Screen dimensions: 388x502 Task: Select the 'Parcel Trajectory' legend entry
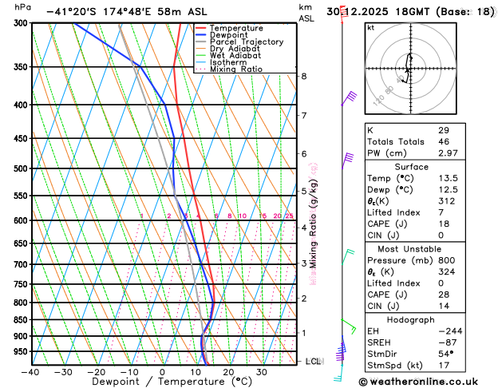coord(246,42)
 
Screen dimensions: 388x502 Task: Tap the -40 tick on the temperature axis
coord(31,372)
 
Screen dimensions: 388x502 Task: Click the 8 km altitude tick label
coord(303,76)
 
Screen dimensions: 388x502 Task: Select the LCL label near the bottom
coord(314,362)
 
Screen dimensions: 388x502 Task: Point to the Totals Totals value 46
coord(444,141)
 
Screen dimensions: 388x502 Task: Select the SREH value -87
coord(445,342)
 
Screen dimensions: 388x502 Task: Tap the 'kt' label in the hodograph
coord(370,27)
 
